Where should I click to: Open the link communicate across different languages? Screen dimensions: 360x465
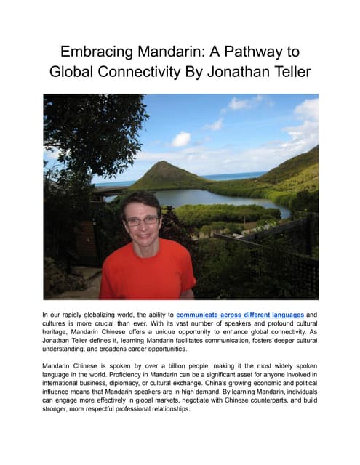240,315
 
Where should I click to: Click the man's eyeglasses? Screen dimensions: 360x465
143,220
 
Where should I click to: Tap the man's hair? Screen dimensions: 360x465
140,200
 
